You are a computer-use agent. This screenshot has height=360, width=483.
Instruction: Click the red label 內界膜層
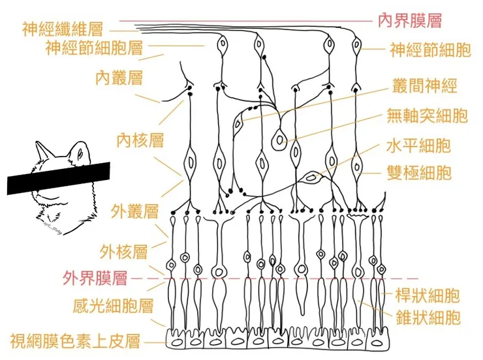tap(410, 20)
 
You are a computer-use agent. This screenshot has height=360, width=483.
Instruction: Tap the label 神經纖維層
tap(63, 29)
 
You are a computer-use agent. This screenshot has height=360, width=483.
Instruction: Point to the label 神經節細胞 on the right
tap(429, 50)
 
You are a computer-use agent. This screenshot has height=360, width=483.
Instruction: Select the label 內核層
tap(140, 140)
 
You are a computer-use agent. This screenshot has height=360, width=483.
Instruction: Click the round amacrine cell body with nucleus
tap(281, 139)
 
